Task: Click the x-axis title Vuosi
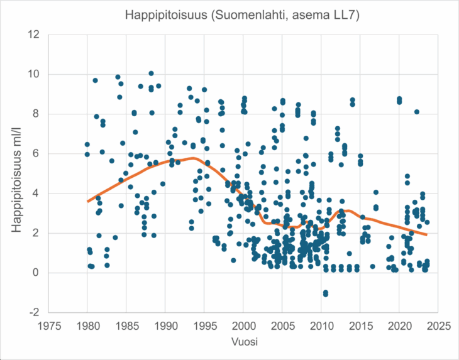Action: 244,342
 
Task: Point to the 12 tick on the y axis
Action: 34,35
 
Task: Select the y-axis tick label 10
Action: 34,74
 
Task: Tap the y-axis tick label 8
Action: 36,114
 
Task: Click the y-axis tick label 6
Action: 36,153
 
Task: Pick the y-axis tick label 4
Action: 36,193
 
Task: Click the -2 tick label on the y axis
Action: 35,312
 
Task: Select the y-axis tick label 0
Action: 36,273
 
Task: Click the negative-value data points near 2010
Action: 325,293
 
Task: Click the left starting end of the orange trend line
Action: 88,201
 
